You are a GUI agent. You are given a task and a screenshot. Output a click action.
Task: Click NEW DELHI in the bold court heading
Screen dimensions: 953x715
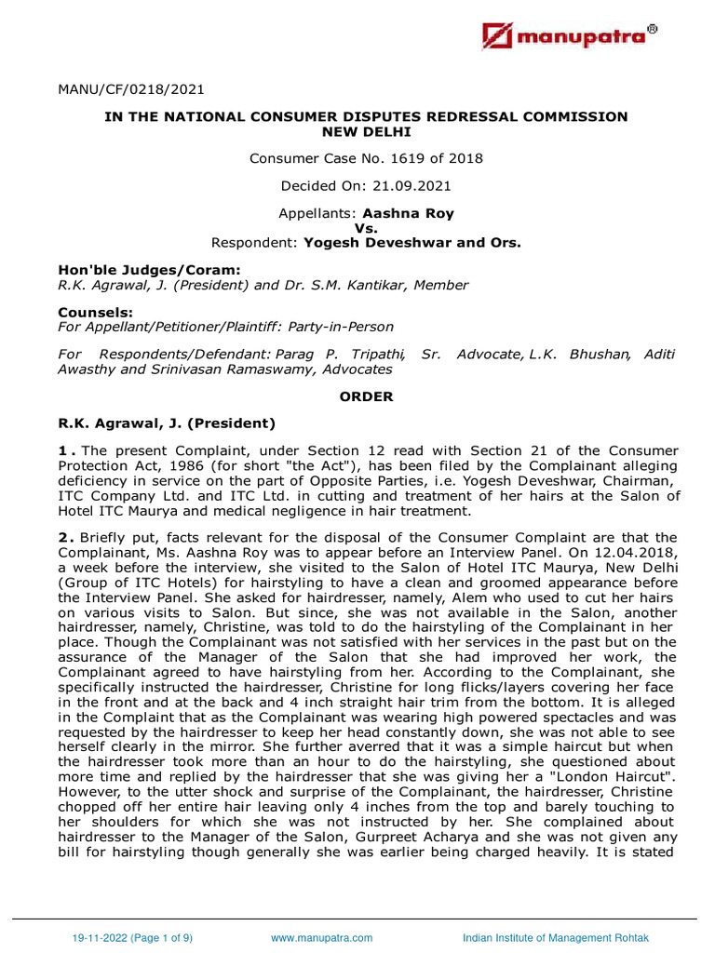tap(366, 131)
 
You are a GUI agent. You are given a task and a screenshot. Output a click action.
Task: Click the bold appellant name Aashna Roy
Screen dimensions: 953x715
tap(408, 213)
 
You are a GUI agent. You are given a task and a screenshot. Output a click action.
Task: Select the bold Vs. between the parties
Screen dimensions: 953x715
tap(366, 228)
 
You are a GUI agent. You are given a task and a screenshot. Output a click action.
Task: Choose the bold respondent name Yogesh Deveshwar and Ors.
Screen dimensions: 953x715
tap(409, 243)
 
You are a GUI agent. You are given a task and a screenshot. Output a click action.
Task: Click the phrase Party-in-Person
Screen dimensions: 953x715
tap(341, 327)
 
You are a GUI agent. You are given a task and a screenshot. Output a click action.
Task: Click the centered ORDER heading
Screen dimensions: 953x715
tap(366, 396)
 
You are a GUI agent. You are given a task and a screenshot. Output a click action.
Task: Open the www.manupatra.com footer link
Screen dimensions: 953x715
tap(321, 937)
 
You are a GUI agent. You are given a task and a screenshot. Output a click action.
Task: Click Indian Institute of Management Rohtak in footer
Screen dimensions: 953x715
tap(556, 937)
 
